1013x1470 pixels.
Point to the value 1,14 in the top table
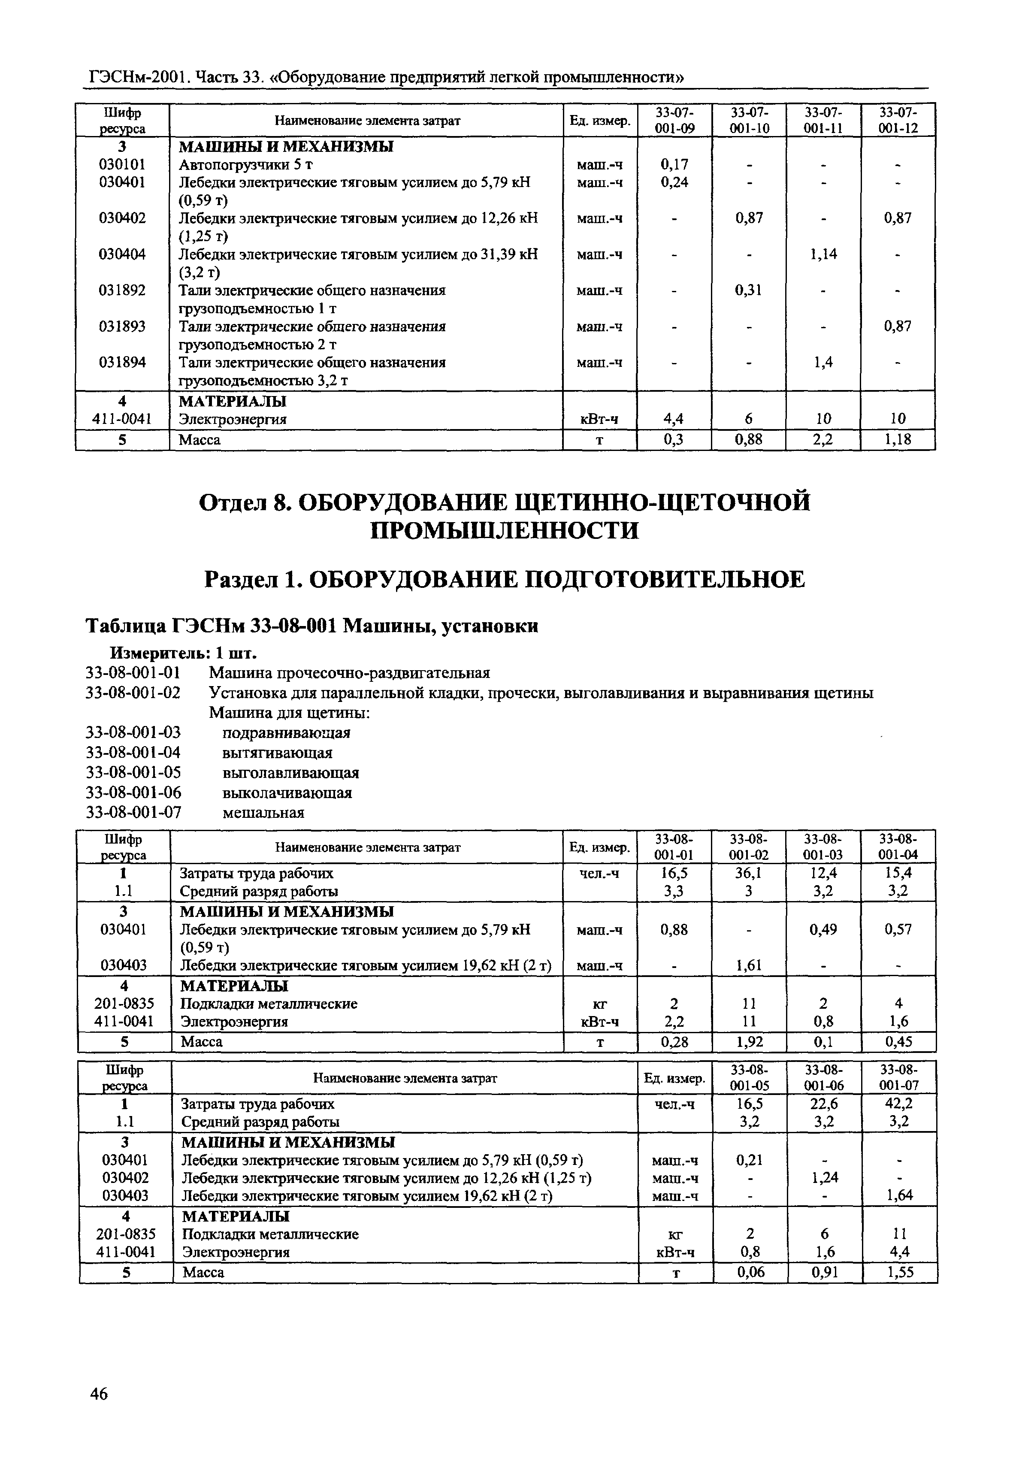823,254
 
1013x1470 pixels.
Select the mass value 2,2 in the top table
823,440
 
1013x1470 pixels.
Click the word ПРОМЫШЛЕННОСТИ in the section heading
505,530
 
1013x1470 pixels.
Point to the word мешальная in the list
263,813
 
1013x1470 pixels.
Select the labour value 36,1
749,873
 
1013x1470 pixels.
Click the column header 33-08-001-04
898,847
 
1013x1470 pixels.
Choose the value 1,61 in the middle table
749,965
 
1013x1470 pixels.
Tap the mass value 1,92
749,1041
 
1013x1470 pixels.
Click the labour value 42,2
899,1104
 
